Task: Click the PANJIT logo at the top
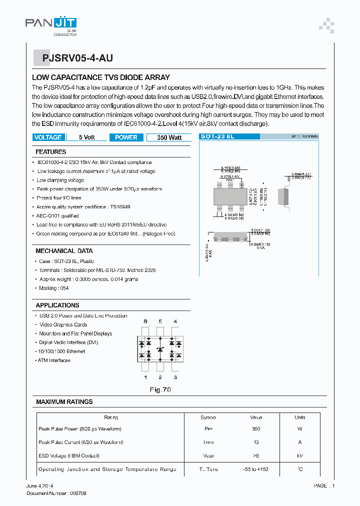coord(51,23)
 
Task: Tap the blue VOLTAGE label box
coord(48,137)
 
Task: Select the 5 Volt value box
coord(86,137)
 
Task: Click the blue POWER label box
coord(126,137)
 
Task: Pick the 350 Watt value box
coord(169,137)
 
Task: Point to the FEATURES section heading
coord(50,151)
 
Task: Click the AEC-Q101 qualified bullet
coord(57,216)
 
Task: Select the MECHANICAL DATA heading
coord(64,250)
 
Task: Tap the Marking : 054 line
coord(54,288)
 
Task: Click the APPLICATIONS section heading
coord(57,305)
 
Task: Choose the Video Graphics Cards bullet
coord(63,324)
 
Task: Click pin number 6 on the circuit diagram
coord(145,321)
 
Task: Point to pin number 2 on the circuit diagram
coord(160,377)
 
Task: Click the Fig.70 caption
coord(160,389)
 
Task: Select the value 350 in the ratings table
coord(256,429)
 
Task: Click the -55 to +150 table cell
coord(256,469)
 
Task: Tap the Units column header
coord(299,417)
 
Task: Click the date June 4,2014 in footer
coord(40,485)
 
